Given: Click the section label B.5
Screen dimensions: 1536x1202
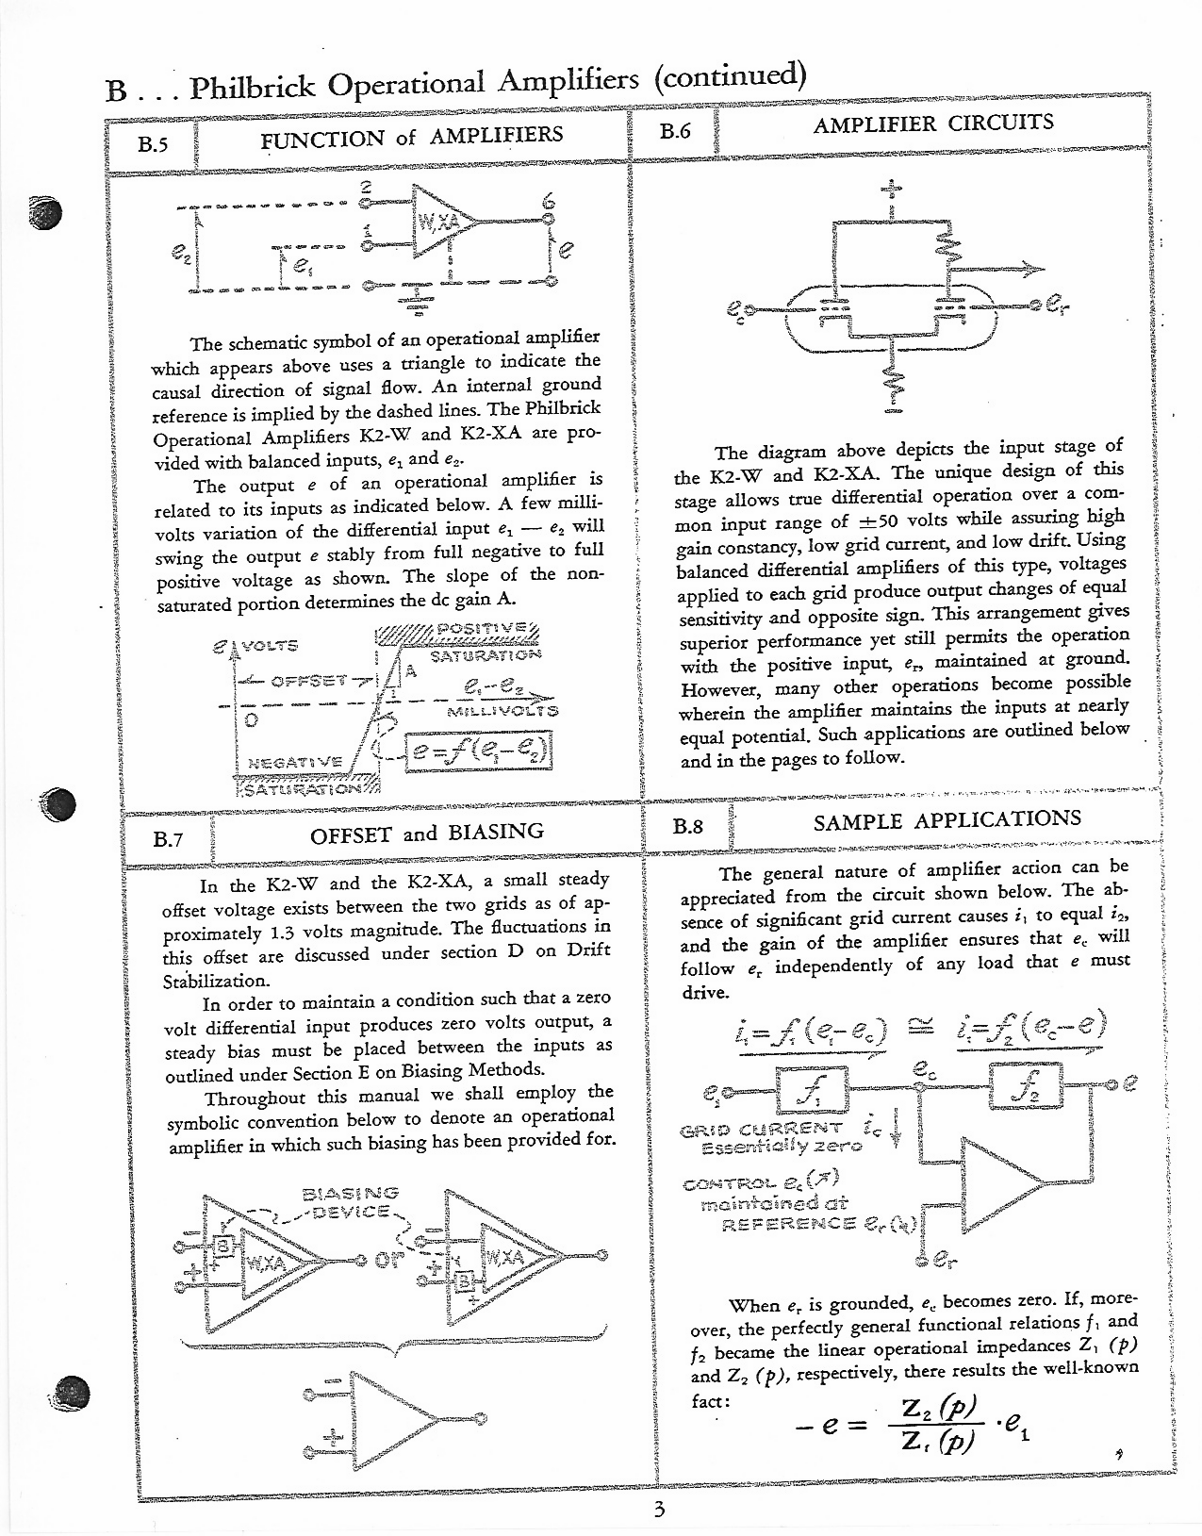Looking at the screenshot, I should point(152,146).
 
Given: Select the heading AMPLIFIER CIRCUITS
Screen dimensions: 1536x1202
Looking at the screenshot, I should point(932,123).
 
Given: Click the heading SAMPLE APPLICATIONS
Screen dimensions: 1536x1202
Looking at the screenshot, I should point(947,818).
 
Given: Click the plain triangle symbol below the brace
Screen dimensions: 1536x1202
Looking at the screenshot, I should point(392,1418).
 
